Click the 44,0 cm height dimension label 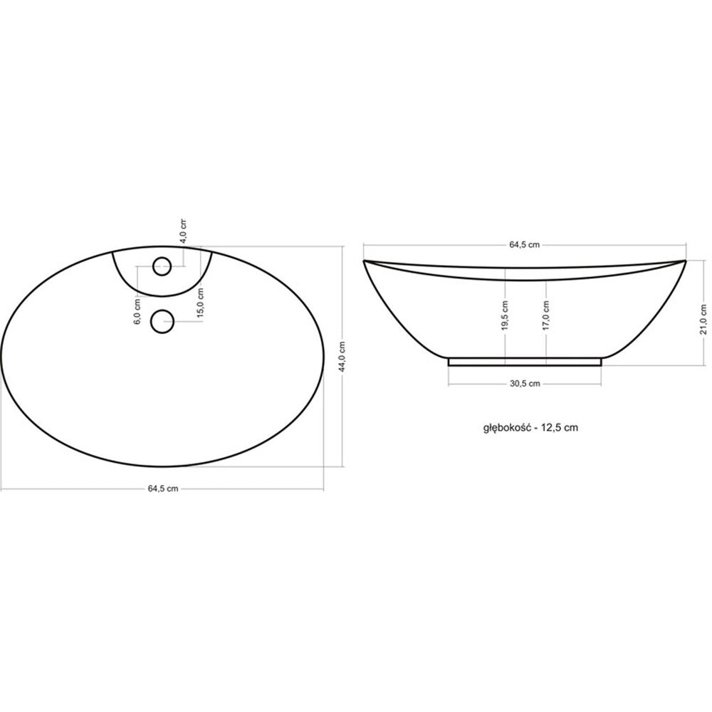343,357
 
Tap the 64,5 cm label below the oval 163,488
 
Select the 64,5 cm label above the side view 525,245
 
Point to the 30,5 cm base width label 525,384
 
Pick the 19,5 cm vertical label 505,315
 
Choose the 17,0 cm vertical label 546,315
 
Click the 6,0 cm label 137,312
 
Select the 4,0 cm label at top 183,231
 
